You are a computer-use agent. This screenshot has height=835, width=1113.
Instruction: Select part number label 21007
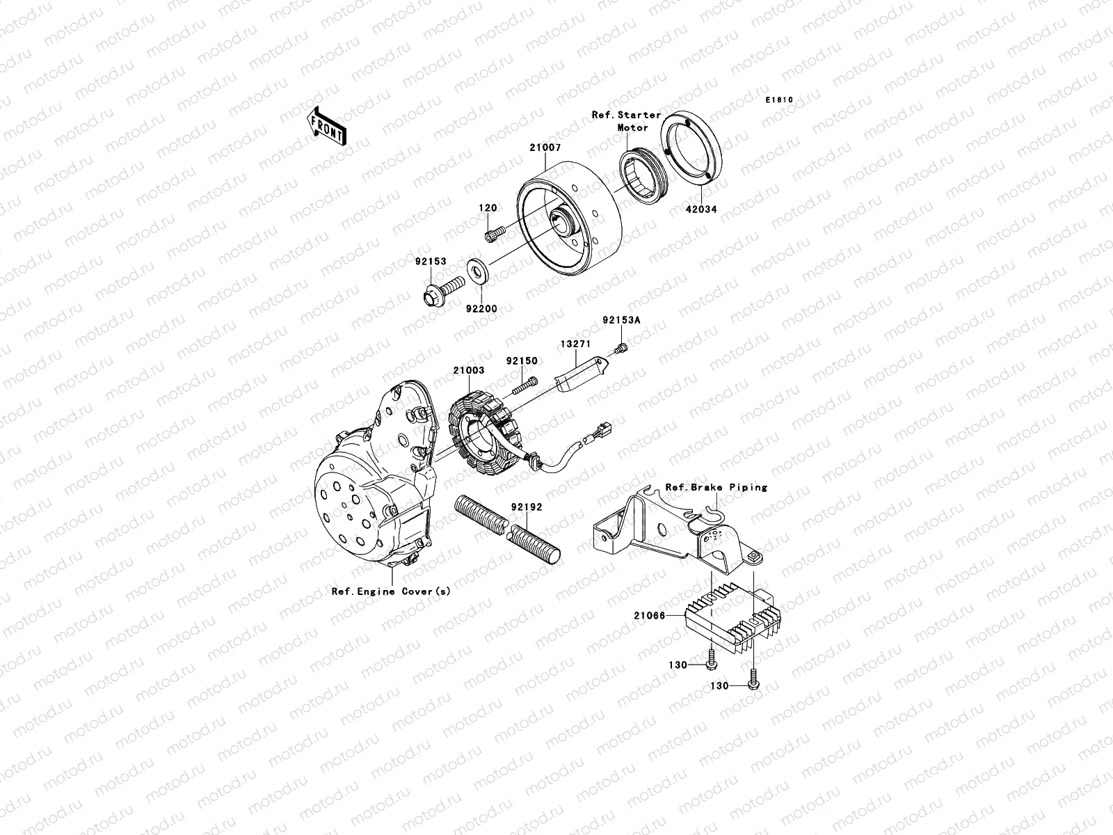point(545,148)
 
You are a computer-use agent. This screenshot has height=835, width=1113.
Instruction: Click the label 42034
point(701,209)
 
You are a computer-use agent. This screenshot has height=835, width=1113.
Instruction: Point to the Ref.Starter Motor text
point(626,121)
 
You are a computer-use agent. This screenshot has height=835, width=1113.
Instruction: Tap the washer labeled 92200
point(477,267)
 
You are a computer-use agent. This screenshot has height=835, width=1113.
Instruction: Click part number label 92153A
point(620,321)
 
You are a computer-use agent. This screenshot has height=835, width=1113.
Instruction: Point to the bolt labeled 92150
point(527,382)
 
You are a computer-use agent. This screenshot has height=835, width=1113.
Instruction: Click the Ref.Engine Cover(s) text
point(391,591)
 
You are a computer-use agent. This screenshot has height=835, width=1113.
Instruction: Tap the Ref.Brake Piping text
point(716,487)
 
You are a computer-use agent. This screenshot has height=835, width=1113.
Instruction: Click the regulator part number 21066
point(650,616)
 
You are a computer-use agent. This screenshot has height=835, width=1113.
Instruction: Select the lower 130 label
point(719,685)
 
